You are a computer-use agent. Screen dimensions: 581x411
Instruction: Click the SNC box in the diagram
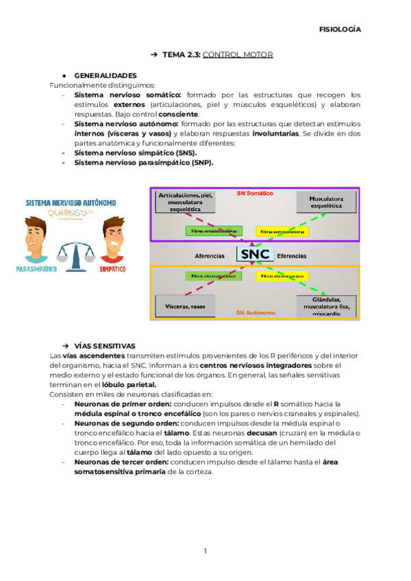click(x=255, y=255)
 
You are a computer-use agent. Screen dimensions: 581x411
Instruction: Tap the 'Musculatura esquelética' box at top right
click(x=326, y=202)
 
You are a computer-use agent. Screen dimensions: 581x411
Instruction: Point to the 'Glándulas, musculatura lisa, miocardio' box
click(x=326, y=306)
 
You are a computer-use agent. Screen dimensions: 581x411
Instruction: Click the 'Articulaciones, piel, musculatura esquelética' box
click(x=186, y=203)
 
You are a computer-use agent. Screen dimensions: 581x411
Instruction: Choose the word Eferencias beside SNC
click(x=292, y=256)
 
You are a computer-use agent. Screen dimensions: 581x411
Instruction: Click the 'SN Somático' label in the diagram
click(x=254, y=194)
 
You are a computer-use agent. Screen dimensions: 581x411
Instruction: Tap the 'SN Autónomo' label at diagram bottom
click(x=256, y=312)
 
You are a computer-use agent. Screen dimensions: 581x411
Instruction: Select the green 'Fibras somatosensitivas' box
click(x=214, y=232)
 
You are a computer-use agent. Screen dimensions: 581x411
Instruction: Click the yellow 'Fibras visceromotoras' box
click(x=282, y=276)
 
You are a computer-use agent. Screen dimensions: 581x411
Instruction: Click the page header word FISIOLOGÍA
click(x=340, y=29)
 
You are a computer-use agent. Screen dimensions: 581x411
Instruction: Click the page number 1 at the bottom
click(x=205, y=551)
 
